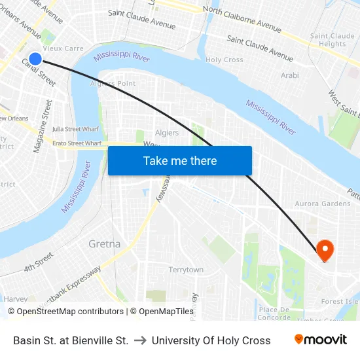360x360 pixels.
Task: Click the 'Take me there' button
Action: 180,161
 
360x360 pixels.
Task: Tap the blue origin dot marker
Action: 35,59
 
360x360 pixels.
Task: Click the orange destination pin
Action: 324,249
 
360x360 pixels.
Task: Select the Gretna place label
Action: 104,244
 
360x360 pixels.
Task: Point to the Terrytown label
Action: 186,270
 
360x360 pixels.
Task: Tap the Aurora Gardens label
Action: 323,204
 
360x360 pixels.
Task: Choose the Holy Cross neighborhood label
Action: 225,60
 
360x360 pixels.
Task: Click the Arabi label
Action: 289,76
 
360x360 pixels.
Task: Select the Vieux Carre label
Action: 63,48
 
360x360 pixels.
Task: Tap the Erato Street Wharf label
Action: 77,143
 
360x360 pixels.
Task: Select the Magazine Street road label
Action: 43,126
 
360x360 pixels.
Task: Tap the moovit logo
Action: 320,340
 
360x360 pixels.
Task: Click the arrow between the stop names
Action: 140,340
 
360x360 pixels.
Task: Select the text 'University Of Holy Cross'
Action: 211,340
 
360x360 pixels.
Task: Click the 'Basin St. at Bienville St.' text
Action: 71,340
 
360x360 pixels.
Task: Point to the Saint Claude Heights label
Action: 332,40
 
